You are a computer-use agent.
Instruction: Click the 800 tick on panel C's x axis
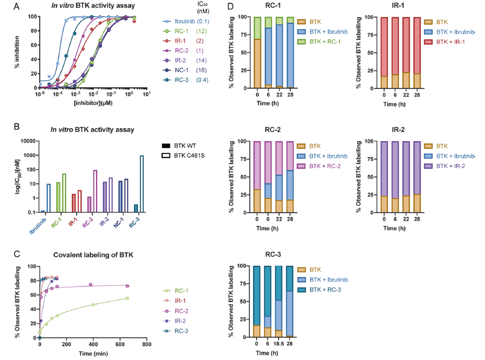click(146, 344)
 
